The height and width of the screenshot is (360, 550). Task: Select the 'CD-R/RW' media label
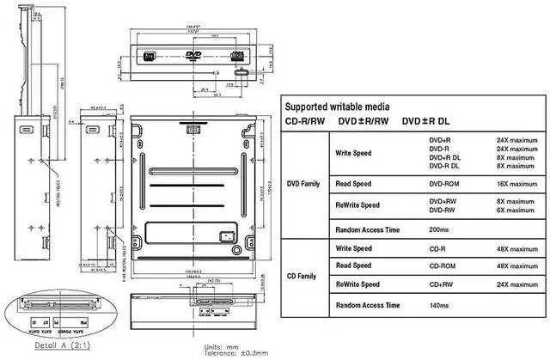click(305, 121)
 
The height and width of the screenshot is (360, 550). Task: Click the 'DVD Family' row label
click(303, 182)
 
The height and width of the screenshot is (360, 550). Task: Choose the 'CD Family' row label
click(303, 276)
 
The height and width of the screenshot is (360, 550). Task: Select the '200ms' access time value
click(438, 230)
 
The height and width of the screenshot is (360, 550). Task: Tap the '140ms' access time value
click(438, 305)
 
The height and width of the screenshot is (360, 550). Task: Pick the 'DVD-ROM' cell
click(445, 183)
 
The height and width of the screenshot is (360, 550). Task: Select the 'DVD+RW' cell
click(444, 201)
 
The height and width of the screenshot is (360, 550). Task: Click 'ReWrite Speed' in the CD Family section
click(358, 284)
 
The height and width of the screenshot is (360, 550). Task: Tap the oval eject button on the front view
click(235, 74)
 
